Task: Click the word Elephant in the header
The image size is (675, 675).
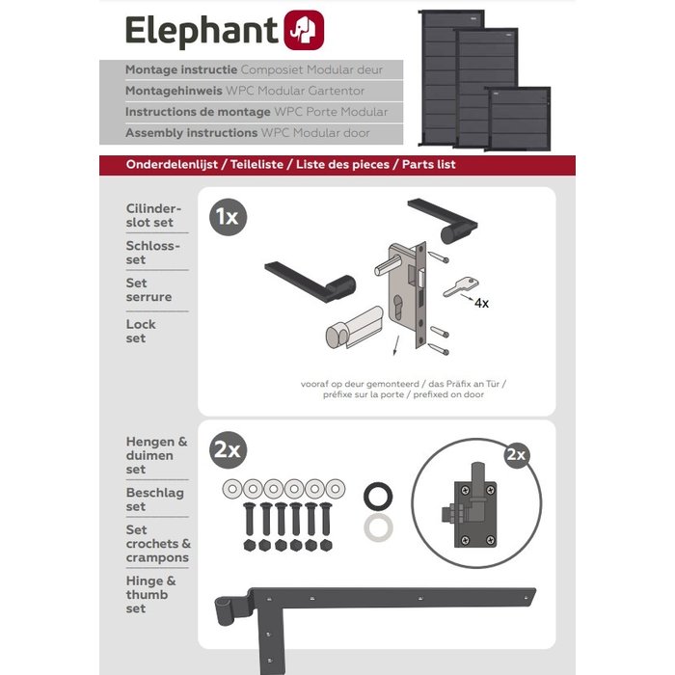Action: tap(202, 32)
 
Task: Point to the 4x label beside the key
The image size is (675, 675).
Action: tap(481, 303)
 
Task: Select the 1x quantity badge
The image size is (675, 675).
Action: tap(227, 217)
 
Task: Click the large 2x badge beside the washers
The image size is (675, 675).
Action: tap(229, 449)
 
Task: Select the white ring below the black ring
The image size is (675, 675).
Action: tap(378, 527)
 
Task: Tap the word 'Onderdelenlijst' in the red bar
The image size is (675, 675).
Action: tap(172, 165)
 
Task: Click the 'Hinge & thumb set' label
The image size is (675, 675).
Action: tap(150, 595)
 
